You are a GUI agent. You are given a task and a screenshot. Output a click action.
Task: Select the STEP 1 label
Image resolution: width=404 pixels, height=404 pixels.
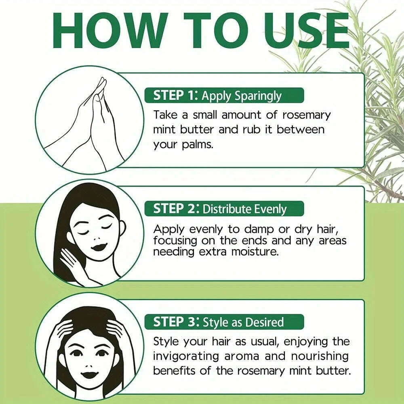(x=173, y=96)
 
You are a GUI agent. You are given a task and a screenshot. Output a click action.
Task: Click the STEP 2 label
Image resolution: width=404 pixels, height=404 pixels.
(x=174, y=209)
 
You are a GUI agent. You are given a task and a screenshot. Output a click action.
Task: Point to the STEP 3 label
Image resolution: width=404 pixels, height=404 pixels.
(x=174, y=322)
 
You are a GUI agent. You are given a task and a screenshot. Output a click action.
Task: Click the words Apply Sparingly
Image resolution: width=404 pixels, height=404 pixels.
(x=241, y=96)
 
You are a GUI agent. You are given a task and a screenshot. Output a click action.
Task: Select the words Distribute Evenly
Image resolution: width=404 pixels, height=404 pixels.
(x=244, y=209)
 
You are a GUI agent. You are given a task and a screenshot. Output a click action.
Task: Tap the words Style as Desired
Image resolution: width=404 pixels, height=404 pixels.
(x=243, y=322)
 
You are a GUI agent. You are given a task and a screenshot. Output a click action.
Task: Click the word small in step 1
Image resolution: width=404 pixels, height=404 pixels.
(x=207, y=115)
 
